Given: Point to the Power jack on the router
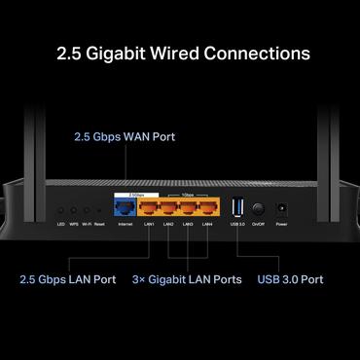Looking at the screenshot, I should (x=281, y=208).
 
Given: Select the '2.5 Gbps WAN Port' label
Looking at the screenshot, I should (x=125, y=137).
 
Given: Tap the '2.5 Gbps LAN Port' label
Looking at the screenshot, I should (x=67, y=279).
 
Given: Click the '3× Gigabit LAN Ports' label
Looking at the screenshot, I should (x=187, y=279).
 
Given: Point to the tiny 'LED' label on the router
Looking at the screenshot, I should (x=60, y=224).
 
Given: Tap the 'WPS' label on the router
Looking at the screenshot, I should (x=73, y=224).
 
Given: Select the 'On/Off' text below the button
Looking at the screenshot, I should (x=259, y=224).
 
